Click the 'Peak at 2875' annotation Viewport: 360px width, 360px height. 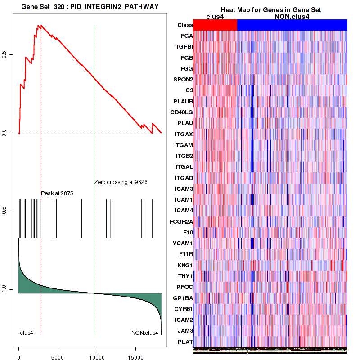click(57, 193)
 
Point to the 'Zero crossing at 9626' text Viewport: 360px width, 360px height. click(121, 182)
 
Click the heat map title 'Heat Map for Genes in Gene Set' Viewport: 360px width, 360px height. click(270, 10)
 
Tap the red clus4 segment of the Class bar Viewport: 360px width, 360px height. click(215, 25)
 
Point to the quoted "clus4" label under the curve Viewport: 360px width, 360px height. click(27, 333)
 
